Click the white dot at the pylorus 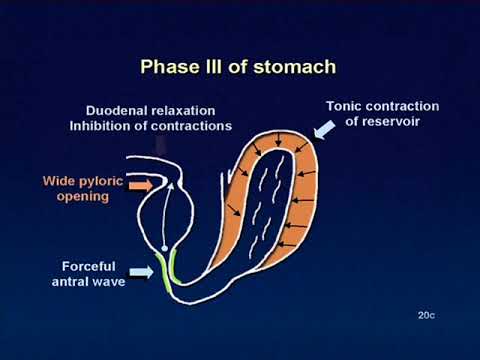(x=163, y=246)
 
